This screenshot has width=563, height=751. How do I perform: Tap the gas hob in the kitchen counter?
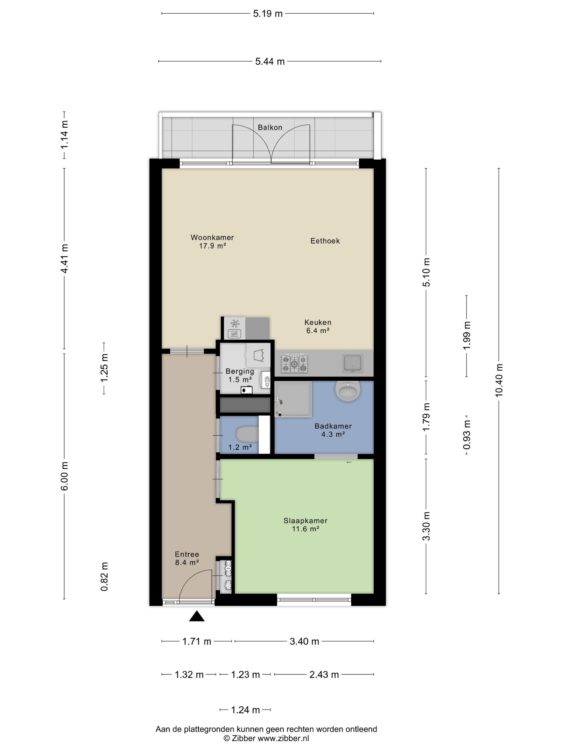[x=295, y=363]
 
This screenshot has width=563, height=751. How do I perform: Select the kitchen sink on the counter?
[x=353, y=363]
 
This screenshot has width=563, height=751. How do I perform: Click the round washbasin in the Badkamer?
[x=348, y=390]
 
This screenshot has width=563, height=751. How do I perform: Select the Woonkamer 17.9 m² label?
[x=212, y=241]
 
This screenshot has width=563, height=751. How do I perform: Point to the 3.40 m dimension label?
[x=304, y=641]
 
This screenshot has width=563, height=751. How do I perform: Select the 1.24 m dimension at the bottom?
[x=245, y=710]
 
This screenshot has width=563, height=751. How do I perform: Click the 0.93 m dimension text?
[x=467, y=435]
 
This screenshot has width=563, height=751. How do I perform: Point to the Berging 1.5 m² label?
[x=240, y=376]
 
